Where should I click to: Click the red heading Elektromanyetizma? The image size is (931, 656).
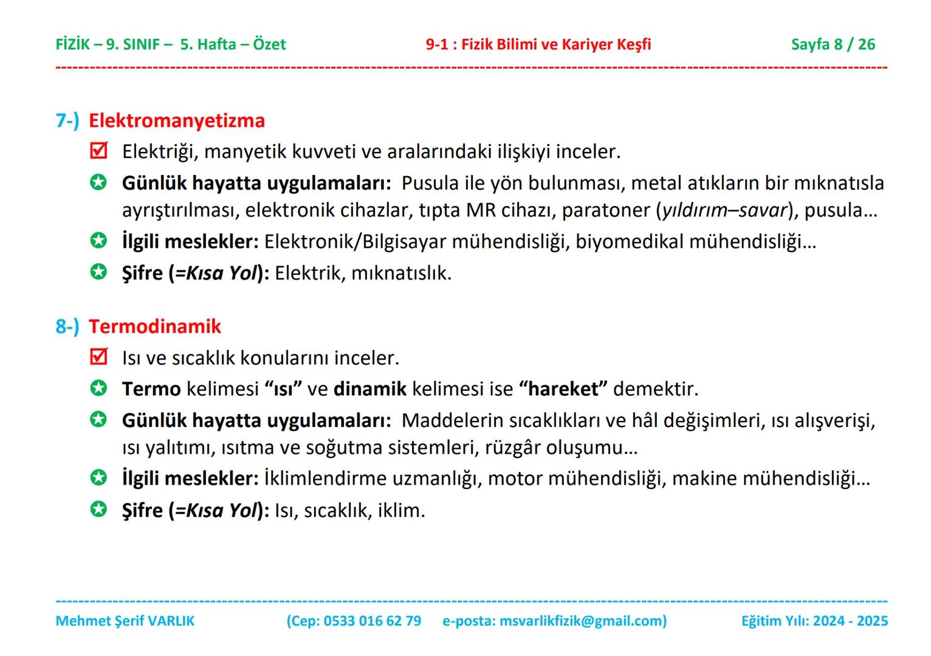[177, 120]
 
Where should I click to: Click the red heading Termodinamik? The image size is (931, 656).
[155, 326]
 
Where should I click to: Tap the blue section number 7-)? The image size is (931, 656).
[67, 120]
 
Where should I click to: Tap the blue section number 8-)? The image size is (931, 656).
[67, 326]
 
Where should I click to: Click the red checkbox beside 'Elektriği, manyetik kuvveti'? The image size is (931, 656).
[98, 151]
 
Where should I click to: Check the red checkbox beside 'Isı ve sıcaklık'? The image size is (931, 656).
[98, 357]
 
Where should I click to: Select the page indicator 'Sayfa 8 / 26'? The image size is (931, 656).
[833, 44]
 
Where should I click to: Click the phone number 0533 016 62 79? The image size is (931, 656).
[372, 621]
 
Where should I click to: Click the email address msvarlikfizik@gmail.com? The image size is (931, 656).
[580, 621]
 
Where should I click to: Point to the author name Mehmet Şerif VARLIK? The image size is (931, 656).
[125, 621]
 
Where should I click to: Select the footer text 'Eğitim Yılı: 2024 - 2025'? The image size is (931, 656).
[814, 621]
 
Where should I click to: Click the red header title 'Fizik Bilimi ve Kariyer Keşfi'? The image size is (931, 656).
[556, 44]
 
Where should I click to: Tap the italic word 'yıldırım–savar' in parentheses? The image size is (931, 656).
[724, 210]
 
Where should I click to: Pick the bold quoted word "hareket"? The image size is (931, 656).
[563, 389]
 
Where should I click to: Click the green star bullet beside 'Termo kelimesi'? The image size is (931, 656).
[98, 388]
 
